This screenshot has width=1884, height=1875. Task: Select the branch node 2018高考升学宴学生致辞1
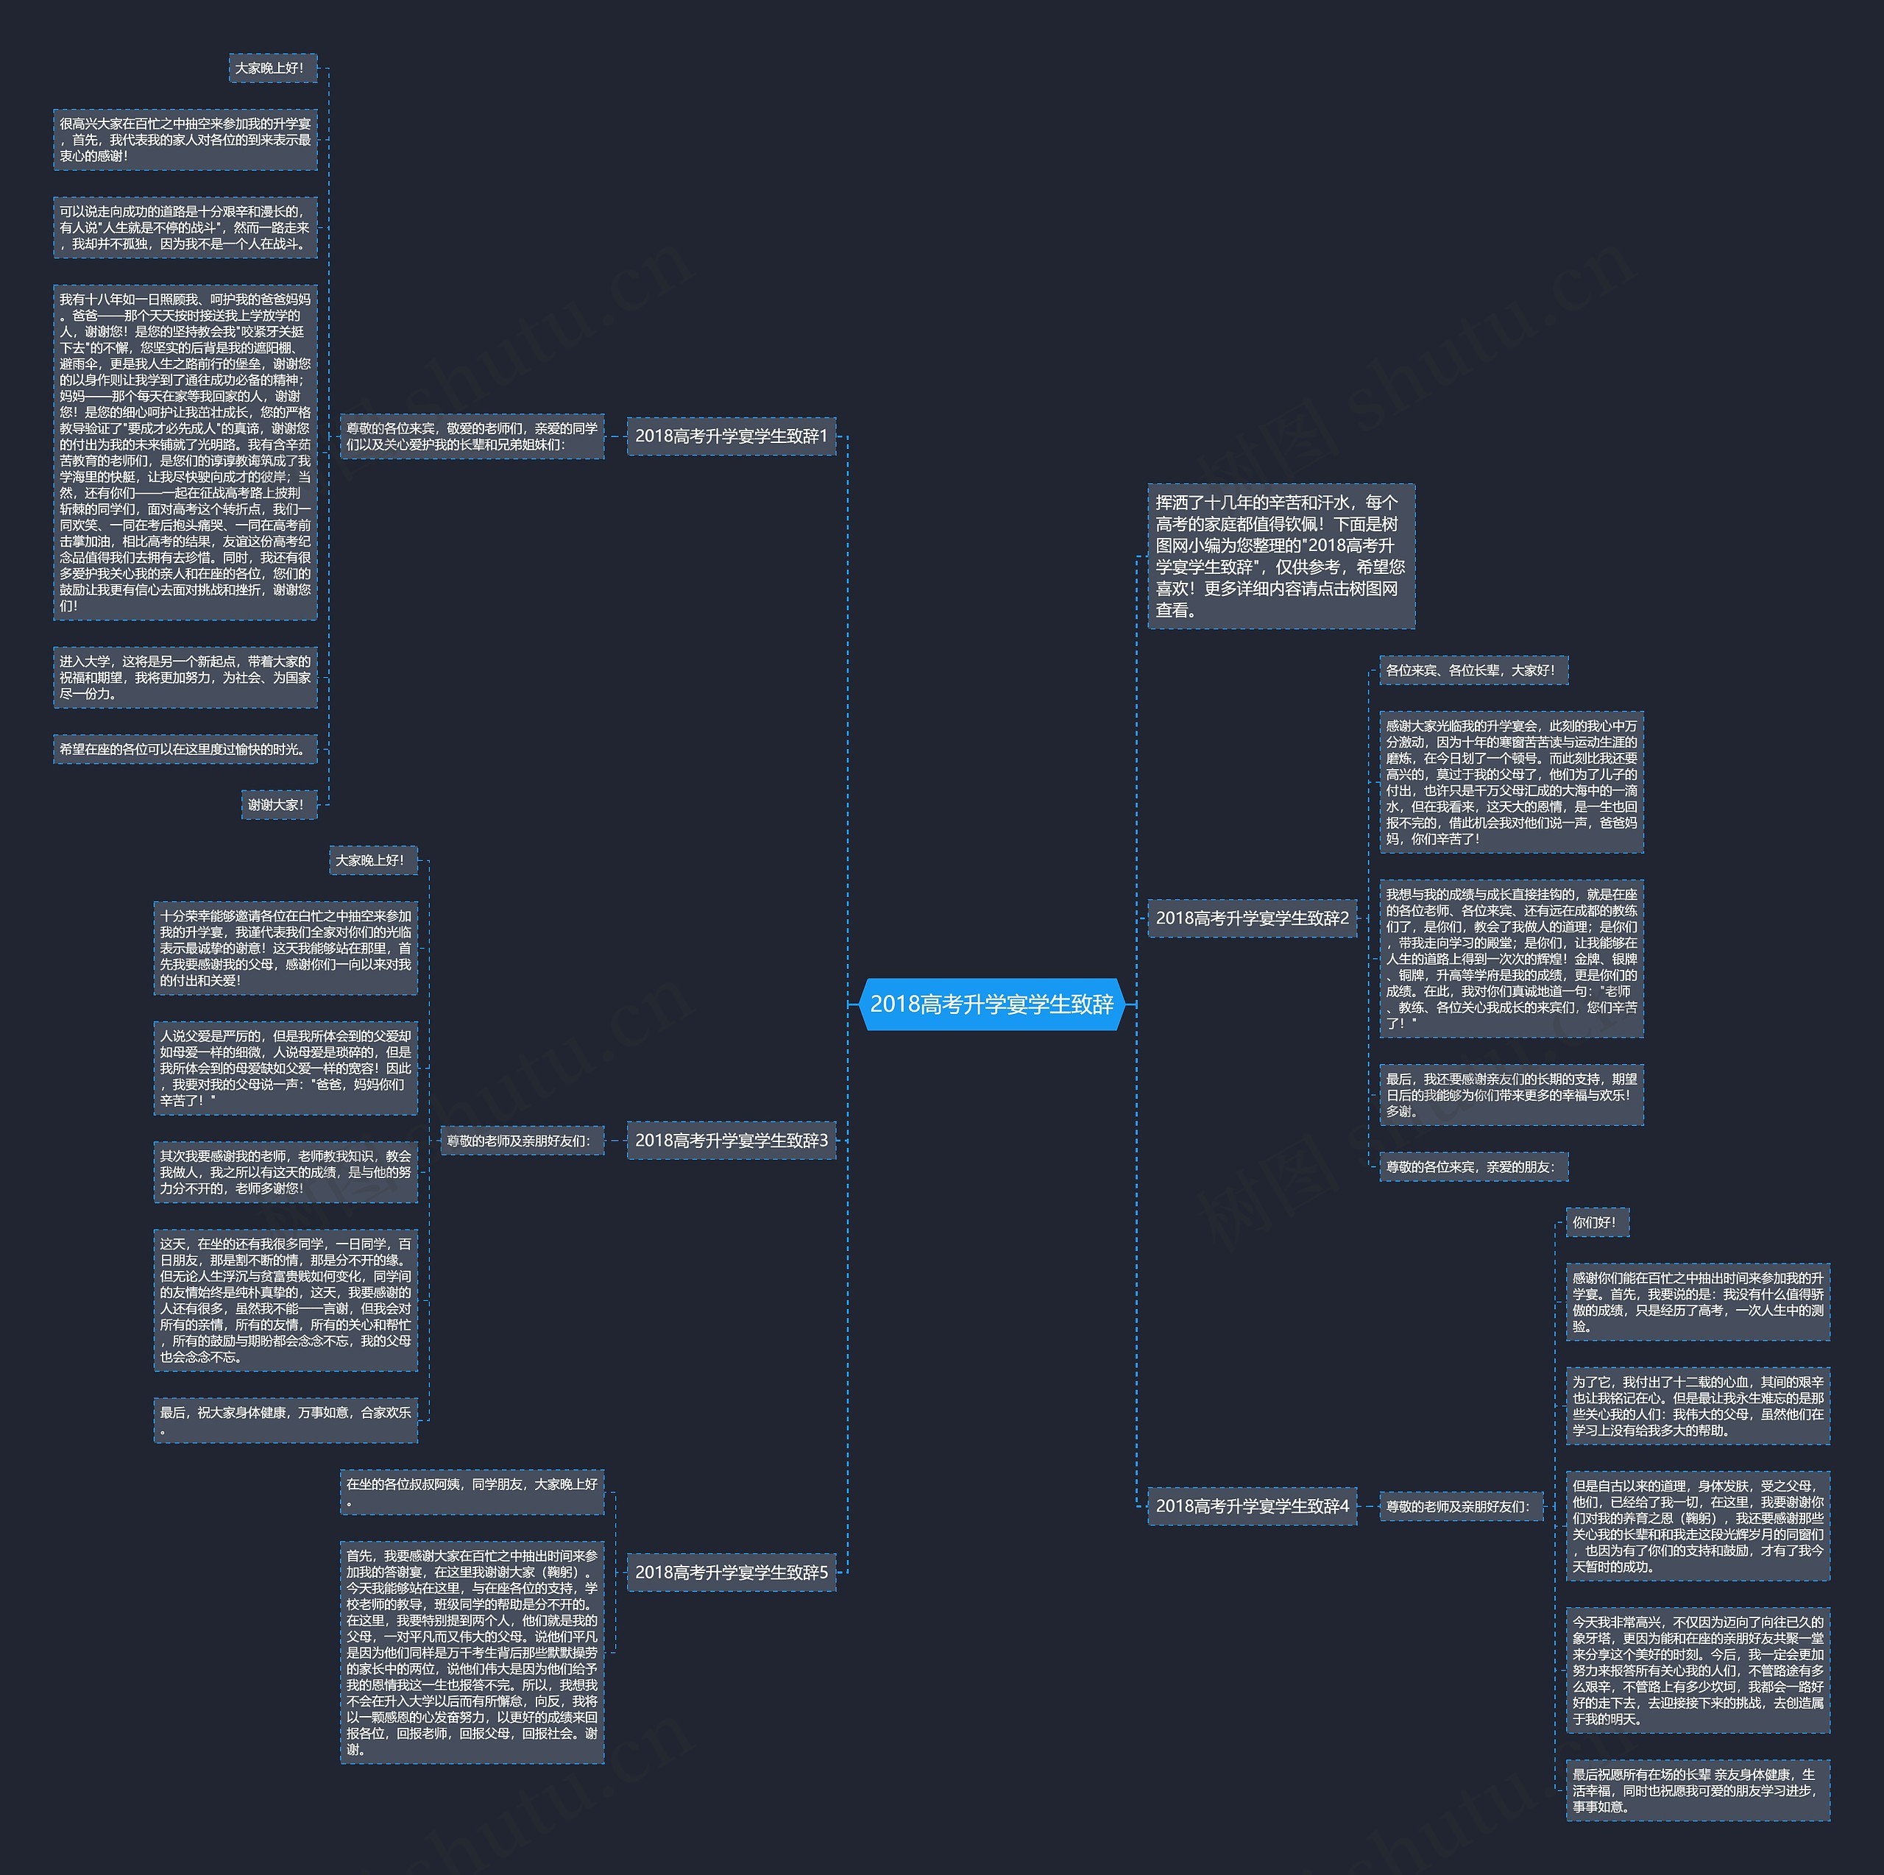coord(730,436)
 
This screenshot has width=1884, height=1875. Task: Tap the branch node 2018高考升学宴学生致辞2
coord(1252,918)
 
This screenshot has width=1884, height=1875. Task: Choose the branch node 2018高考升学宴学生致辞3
coord(730,1140)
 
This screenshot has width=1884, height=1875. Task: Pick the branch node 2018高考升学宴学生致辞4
coord(1252,1506)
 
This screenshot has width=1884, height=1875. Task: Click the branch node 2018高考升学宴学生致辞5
coord(730,1572)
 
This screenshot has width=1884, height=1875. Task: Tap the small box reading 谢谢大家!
coord(279,804)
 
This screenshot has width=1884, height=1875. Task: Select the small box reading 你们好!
coord(1596,1222)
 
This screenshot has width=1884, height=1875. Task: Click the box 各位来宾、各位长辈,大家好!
coord(1473,670)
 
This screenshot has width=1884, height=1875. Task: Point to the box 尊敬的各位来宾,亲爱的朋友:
coord(1473,1166)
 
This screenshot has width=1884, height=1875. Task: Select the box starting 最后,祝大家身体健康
coord(285,1419)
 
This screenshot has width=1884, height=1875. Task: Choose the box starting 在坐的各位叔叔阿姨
coord(472,1492)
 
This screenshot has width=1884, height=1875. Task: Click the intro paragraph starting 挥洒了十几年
coord(1281,556)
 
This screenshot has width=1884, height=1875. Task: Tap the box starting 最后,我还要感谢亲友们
coord(1511,1094)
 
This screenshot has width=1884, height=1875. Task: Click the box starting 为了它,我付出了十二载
coord(1697,1405)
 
